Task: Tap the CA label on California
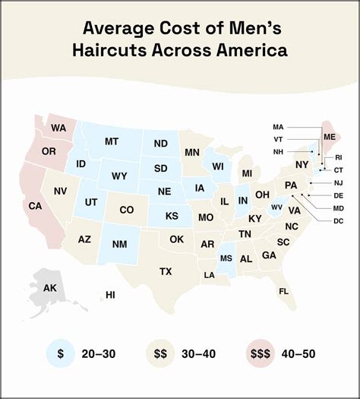[35, 206]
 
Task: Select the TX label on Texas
[166, 271]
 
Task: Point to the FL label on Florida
[283, 291]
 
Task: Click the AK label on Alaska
[49, 288]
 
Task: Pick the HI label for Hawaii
[110, 295]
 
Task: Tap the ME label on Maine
[330, 137]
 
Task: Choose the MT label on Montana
[112, 141]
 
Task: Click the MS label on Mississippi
[226, 259]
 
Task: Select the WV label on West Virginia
[276, 207]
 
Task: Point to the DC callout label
[339, 220]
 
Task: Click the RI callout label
[339, 158]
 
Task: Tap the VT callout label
[279, 139]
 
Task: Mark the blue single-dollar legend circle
[59, 353]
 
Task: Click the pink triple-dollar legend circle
[258, 353]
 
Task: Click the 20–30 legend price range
[99, 353]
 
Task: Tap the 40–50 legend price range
[298, 353]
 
